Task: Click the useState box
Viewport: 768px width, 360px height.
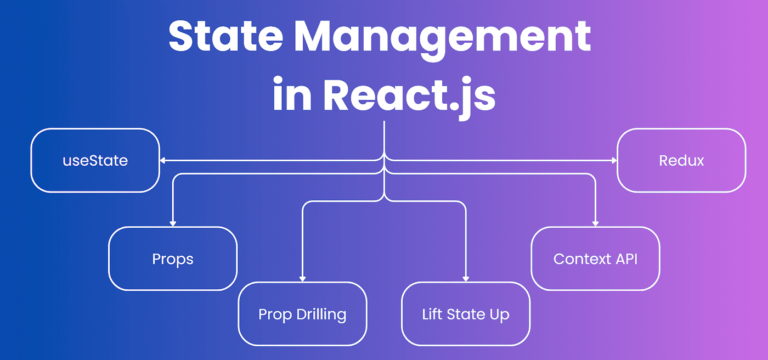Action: pyautogui.click(x=95, y=160)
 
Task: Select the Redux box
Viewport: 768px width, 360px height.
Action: pyautogui.click(x=681, y=160)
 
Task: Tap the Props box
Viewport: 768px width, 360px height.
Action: pyautogui.click(x=173, y=259)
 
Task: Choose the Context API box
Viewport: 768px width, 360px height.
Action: pyautogui.click(x=595, y=259)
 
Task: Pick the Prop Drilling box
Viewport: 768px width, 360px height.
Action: pyautogui.click(x=302, y=314)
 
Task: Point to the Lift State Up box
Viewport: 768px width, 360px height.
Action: pyautogui.click(x=466, y=314)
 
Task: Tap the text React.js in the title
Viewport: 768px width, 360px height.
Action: pyautogui.click(x=410, y=95)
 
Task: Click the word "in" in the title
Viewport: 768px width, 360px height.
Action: pyautogui.click(x=294, y=95)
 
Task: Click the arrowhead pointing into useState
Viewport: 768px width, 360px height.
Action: pyautogui.click(x=164, y=160)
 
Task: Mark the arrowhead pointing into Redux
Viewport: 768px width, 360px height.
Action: pyautogui.click(x=612, y=160)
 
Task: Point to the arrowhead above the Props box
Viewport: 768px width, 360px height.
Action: pyautogui.click(x=173, y=222)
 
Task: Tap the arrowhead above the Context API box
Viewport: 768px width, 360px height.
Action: pyautogui.click(x=596, y=222)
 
